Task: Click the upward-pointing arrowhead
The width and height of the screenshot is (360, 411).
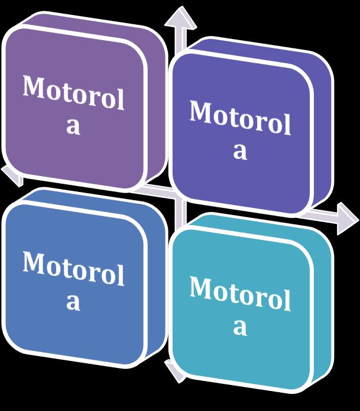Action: point(180,17)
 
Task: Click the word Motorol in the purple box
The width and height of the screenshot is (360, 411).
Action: point(74,94)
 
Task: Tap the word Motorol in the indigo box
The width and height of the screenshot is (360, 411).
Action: point(240,118)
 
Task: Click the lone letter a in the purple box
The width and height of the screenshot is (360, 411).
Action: point(73,126)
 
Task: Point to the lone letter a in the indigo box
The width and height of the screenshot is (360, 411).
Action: point(239,150)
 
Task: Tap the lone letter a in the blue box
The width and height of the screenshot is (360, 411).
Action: point(73,301)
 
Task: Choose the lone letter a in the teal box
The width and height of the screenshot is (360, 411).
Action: point(239,326)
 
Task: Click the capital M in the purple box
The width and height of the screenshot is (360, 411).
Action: point(34,87)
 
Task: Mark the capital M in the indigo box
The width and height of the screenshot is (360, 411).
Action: point(200,111)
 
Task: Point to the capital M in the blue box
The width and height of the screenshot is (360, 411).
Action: point(34,262)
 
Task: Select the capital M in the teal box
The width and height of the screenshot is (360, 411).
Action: point(200,287)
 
